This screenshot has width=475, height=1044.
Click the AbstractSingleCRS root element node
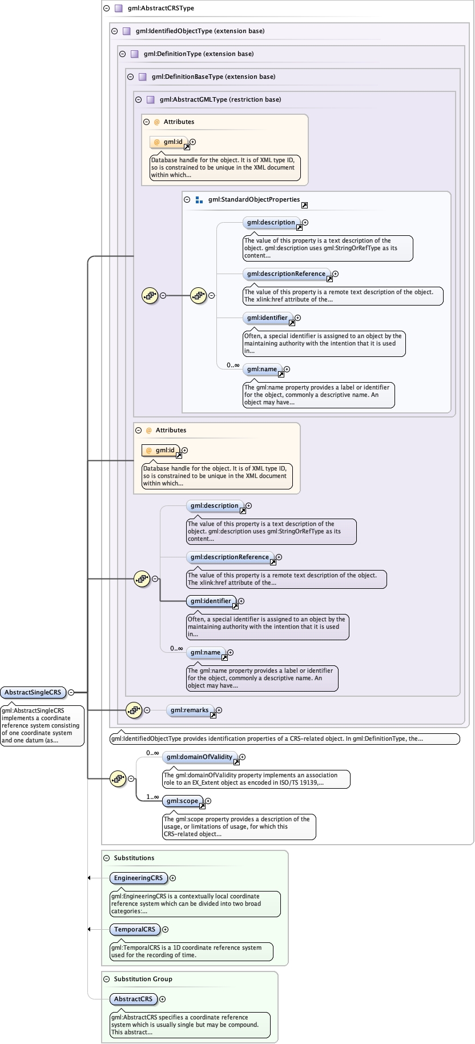(x=33, y=692)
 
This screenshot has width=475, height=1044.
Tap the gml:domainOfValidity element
(x=199, y=757)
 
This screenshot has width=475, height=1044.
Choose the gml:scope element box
(x=182, y=801)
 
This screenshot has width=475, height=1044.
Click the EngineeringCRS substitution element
(x=138, y=878)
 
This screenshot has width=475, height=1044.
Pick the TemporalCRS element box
(x=134, y=929)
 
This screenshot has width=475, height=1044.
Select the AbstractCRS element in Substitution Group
(x=133, y=999)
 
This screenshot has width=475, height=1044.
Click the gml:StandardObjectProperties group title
(x=253, y=199)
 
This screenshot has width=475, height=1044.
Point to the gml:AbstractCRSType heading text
(x=161, y=8)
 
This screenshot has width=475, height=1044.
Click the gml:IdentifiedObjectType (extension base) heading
(x=200, y=31)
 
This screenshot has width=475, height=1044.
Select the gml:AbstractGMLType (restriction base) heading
(x=220, y=99)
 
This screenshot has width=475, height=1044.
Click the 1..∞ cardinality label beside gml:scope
(x=152, y=797)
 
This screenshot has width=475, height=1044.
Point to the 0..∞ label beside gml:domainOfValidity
(x=152, y=753)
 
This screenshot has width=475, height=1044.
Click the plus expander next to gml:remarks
(x=219, y=710)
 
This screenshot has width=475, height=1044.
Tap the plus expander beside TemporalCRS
(x=165, y=929)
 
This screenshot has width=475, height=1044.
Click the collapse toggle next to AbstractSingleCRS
(x=71, y=692)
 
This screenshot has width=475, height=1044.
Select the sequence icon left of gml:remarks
(x=134, y=710)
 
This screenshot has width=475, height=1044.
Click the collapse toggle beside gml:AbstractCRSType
(x=106, y=8)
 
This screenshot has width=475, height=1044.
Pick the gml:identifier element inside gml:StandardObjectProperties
(x=267, y=318)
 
